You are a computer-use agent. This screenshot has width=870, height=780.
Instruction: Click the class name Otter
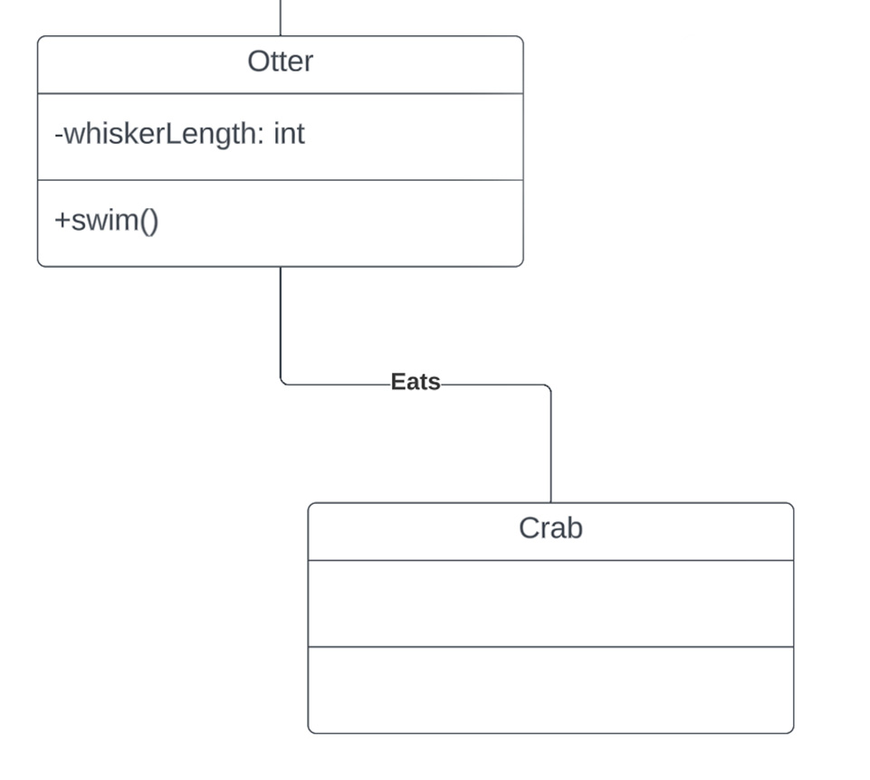(280, 62)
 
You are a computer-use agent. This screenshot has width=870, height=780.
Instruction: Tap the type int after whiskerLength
(289, 134)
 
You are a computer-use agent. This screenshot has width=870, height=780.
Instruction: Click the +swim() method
(107, 221)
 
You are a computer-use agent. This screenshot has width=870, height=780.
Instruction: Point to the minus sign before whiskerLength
(59, 135)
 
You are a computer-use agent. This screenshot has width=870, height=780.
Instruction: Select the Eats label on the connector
(416, 382)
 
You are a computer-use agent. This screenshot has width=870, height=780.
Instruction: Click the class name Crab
(550, 528)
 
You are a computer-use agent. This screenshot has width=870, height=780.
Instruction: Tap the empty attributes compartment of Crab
(550, 604)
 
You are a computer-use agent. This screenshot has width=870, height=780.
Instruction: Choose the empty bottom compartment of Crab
(550, 690)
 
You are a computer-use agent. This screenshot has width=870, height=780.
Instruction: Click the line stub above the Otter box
(281, 17)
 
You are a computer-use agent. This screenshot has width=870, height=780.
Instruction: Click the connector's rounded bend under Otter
(283, 382)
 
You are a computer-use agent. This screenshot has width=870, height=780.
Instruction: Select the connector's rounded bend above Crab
(548, 387)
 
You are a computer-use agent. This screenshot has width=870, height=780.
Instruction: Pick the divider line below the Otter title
(280, 93)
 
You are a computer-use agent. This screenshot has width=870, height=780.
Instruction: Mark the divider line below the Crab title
(550, 560)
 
